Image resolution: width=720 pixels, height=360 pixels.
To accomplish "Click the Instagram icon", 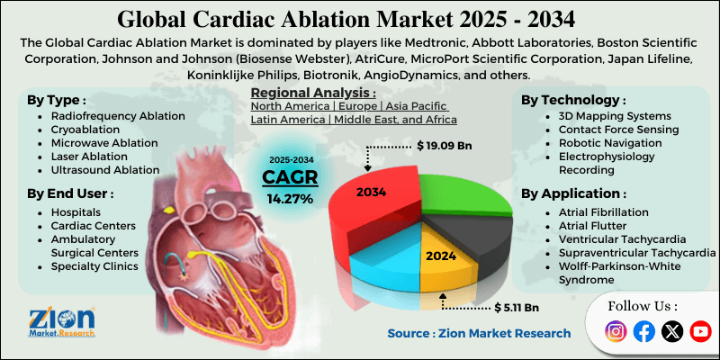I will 616,332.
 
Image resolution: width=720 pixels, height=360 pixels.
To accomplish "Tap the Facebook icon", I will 643,332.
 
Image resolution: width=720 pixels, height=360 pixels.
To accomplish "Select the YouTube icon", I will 699,332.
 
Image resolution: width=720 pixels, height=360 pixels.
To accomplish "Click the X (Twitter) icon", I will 671,332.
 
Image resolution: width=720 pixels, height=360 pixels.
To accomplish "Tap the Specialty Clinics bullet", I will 95,266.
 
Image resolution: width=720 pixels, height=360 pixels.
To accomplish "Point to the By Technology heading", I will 572,99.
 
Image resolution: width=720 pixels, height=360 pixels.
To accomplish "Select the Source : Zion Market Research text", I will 479,333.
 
